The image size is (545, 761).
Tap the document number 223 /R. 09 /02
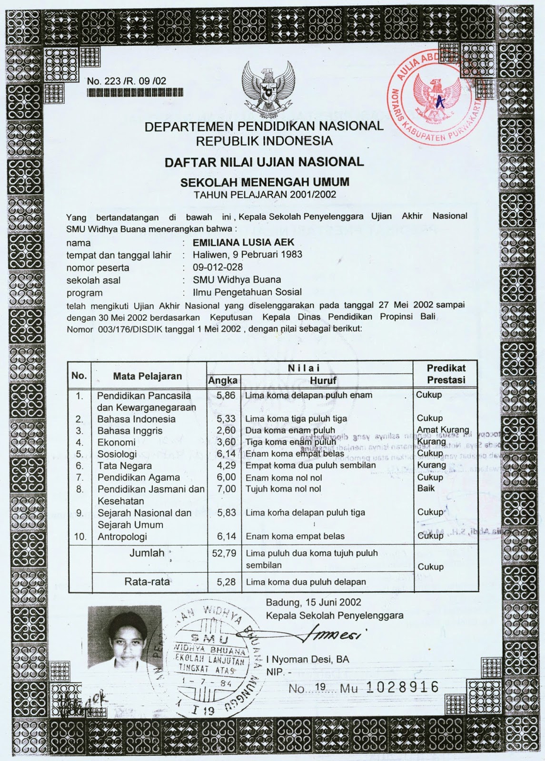click(127, 81)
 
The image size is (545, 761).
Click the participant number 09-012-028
click(218, 267)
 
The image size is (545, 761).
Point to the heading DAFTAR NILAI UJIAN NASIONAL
click(264, 162)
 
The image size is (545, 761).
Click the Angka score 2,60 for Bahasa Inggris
click(226, 430)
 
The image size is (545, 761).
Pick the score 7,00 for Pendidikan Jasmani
click(226, 488)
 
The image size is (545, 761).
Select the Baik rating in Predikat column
click(426, 488)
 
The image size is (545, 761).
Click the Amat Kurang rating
click(442, 430)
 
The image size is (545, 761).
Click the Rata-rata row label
click(147, 581)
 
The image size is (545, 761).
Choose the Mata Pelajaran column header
click(147, 376)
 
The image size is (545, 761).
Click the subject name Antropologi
click(122, 537)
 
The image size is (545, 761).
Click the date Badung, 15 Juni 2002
click(313, 602)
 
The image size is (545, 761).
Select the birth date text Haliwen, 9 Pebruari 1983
click(247, 254)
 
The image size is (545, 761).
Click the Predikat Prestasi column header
click(446, 374)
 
